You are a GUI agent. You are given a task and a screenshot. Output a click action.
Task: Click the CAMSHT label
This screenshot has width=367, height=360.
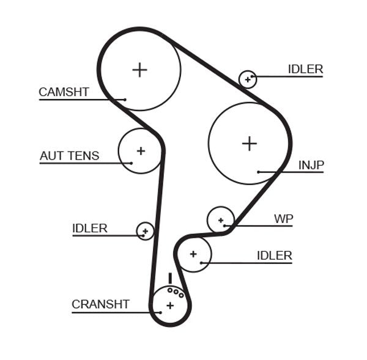coord(64,92)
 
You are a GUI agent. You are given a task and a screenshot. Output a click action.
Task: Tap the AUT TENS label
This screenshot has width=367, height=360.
coord(69,156)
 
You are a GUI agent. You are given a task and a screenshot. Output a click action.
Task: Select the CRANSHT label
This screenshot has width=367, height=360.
coord(100,304)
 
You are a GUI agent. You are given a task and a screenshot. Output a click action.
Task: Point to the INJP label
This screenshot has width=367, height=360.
coord(311,165)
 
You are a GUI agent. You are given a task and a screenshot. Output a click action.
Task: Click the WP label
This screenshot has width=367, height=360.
coord(283,219)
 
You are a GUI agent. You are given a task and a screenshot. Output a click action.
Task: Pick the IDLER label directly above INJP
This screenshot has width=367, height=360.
coord(305,69)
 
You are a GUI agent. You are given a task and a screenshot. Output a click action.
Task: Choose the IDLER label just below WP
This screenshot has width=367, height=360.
coord(274,255)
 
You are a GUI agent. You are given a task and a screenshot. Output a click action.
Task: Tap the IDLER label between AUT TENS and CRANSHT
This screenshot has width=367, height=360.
coord(89,229)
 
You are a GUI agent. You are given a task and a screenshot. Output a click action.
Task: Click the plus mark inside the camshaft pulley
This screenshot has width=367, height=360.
coord(140,70)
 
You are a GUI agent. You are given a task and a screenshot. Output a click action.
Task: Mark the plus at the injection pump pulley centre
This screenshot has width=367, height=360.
coord(249,144)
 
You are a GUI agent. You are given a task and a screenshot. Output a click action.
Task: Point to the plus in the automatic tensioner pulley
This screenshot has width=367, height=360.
coord(141,150)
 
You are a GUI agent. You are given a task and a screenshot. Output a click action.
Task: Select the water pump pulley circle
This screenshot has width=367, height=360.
coord(221,220)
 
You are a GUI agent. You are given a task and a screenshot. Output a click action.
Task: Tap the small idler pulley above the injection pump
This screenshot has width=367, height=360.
coord(248,79)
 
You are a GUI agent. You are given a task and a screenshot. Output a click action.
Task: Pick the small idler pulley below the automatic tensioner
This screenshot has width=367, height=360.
coord(145,231)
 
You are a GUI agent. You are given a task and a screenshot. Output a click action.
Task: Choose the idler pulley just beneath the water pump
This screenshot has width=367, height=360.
coord(193,254)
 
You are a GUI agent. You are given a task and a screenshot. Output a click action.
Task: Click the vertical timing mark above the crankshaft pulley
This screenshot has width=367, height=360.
coord(170,279)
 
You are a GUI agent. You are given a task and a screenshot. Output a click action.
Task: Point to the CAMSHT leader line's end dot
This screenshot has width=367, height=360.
coord(125,100)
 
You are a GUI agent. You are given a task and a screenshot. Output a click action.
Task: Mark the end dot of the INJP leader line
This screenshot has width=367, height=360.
coord(259,172)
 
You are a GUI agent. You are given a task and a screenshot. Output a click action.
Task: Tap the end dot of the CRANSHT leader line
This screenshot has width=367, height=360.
coord(160,312)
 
